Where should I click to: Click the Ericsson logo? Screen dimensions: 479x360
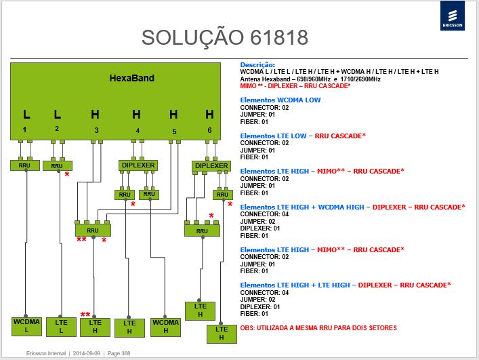pos(453,16)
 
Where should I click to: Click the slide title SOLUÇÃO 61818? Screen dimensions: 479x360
pos(225,37)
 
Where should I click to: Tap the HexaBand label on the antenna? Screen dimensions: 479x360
pos(132,78)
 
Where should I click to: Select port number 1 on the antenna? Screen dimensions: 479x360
pos(24,129)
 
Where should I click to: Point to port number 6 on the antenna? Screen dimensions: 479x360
pos(209,130)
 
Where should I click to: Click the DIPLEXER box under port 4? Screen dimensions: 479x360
pos(138,165)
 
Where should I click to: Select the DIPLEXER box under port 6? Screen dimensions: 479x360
pos(211,166)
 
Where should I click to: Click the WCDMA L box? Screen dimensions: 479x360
pos(26,326)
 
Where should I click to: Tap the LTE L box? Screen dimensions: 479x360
pos(61,327)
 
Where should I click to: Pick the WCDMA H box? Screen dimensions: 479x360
pos(165,327)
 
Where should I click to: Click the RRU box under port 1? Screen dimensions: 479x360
pos(25,165)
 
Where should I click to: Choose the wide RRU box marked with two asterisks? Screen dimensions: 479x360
pos(93,230)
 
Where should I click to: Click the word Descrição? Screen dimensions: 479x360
pos(257,65)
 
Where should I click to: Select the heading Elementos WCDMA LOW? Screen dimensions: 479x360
pos(280,100)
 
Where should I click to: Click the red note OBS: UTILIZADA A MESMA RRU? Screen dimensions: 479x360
pos(318,328)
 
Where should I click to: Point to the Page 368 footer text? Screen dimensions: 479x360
pos(119,353)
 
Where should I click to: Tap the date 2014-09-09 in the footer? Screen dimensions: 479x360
pos(87,353)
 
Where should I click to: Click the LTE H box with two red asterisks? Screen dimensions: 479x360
pos(95,327)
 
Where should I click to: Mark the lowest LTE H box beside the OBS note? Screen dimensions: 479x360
pos(222,334)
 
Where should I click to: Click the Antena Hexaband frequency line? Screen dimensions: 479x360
pos(310,79)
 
